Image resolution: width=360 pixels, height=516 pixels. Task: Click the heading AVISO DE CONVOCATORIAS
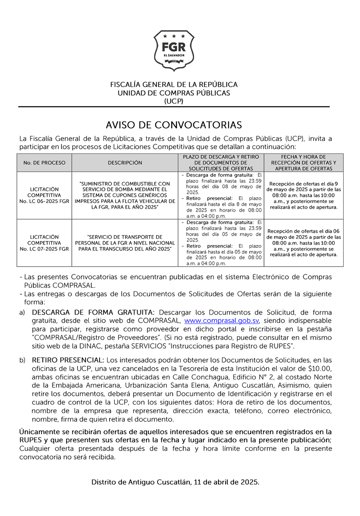(x=174, y=125)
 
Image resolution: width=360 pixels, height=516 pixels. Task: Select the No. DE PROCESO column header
(x=44, y=163)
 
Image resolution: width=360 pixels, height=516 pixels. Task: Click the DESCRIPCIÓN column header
(x=125, y=163)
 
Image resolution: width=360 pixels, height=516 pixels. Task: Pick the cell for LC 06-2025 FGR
(x=44, y=195)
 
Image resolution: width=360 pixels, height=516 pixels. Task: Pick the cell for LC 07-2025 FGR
(x=44, y=243)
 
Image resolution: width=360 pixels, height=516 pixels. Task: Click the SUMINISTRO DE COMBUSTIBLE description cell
(x=125, y=195)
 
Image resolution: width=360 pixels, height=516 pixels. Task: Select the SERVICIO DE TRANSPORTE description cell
(x=125, y=243)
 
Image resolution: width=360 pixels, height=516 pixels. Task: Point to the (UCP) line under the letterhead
(x=174, y=101)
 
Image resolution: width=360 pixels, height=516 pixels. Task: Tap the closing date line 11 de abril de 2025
(x=175, y=482)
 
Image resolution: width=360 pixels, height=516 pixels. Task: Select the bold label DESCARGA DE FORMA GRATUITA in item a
(x=93, y=312)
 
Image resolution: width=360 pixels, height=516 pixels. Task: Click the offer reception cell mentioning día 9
(x=303, y=195)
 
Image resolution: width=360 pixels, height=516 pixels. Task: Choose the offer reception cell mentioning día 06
(x=303, y=243)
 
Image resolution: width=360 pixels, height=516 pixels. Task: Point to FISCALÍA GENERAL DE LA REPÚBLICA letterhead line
(x=174, y=84)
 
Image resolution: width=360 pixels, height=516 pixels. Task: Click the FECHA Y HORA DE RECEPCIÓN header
(x=303, y=163)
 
